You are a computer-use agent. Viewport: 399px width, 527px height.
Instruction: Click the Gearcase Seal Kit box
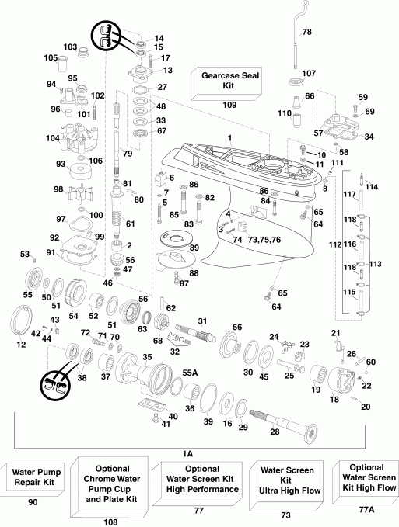point(229,81)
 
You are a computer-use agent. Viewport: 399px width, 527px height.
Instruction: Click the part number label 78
point(306,32)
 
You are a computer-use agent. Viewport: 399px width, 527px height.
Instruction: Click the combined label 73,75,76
point(270,240)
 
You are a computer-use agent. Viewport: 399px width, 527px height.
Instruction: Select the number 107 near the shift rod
point(309,75)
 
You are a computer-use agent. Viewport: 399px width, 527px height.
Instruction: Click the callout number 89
point(194,247)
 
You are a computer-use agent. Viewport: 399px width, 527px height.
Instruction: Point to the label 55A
point(189,373)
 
